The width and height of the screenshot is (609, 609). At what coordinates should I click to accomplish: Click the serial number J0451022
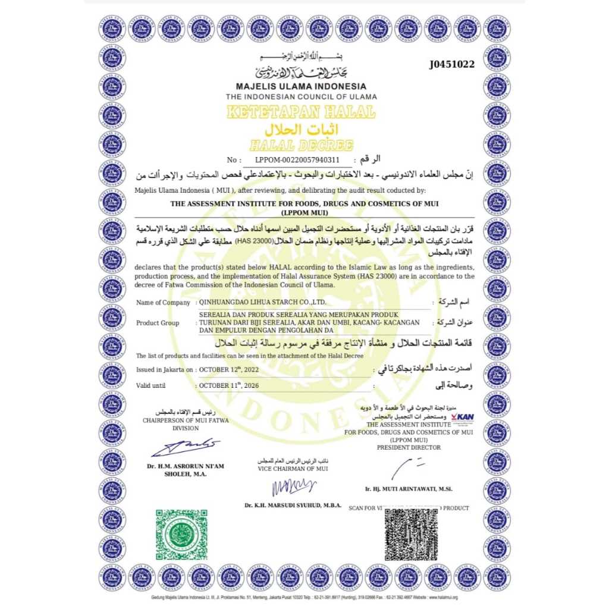point(452,65)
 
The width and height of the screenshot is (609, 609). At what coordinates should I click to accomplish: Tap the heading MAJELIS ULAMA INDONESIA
point(301,86)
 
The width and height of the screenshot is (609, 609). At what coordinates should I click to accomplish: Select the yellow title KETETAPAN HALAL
point(301,112)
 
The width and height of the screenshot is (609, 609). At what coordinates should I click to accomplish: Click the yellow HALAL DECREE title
point(301,145)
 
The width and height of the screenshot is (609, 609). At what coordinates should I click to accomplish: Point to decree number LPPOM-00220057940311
point(297,160)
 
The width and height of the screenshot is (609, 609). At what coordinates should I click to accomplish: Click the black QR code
point(415,536)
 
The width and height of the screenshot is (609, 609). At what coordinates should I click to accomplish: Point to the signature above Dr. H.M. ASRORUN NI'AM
point(185,447)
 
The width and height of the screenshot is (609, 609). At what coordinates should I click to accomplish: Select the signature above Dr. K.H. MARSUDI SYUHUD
point(293,486)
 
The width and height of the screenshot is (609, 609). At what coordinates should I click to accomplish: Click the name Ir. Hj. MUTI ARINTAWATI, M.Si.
point(409,489)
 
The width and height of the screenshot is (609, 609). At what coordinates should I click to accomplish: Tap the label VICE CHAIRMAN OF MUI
point(293,469)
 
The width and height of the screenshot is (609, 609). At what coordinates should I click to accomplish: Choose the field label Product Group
point(158,323)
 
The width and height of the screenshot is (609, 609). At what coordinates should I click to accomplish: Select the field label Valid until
point(150,386)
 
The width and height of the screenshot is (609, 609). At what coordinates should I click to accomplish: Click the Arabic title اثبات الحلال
point(301,129)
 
